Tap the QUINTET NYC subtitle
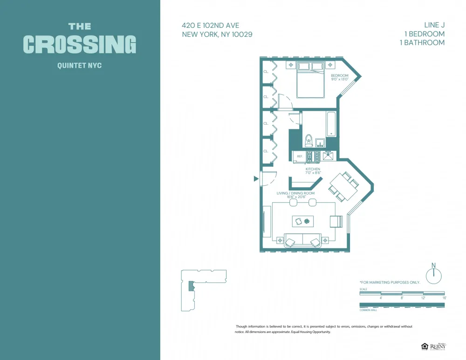79,66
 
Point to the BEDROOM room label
339,75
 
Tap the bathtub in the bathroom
331,123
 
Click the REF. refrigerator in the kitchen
299,156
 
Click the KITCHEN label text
313,169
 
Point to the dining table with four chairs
343,186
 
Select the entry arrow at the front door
256,178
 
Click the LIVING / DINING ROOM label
295,193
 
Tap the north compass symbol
434,274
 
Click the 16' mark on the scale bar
444,298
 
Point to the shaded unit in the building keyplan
191,286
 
